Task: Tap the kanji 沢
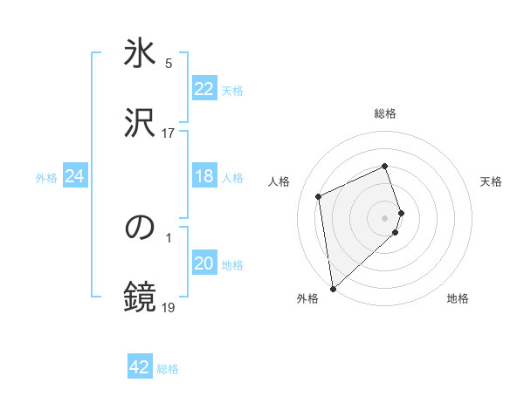[141, 122]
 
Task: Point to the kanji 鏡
[141, 297]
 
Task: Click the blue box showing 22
[203, 89]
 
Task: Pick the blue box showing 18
[203, 177]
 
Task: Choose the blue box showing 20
[203, 264]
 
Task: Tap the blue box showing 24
[74, 177]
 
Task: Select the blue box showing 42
[140, 367]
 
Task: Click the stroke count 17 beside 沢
[169, 133]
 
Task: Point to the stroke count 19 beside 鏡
[169, 307]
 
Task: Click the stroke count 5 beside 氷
[169, 63]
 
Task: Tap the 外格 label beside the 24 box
[46, 178]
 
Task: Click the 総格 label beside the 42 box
[168, 369]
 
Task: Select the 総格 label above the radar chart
[385, 113]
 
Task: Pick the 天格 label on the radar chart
[492, 181]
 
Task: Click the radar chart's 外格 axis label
[307, 299]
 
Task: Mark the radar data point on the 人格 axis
[319, 196]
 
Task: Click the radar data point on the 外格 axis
[333, 288]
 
